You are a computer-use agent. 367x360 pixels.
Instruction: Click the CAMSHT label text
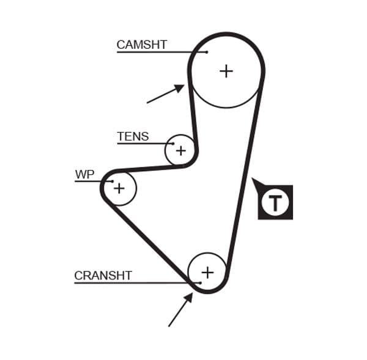pyautogui.click(x=141, y=45)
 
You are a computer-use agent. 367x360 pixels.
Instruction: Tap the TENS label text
pyautogui.click(x=133, y=136)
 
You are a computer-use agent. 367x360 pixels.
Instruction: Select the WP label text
pyautogui.click(x=84, y=175)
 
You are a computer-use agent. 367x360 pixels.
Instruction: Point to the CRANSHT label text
pyautogui.click(x=103, y=276)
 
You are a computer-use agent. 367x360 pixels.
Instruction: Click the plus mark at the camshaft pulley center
pyautogui.click(x=226, y=71)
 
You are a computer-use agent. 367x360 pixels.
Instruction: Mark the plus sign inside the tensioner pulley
pyautogui.click(x=180, y=150)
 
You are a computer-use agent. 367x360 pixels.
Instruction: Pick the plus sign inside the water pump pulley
pyautogui.click(x=119, y=188)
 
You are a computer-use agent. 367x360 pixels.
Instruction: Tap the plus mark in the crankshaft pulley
pyautogui.click(x=207, y=272)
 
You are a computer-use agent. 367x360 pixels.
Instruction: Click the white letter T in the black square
pyautogui.click(x=275, y=203)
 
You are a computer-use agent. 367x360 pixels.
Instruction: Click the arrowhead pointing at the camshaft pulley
pyautogui.click(x=179, y=88)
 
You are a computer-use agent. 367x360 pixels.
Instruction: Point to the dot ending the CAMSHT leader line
pyautogui.click(x=207, y=52)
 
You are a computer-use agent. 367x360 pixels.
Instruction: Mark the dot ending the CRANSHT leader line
pyautogui.click(x=199, y=283)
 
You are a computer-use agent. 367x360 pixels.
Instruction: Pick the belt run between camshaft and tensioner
pyautogui.click(x=193, y=116)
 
